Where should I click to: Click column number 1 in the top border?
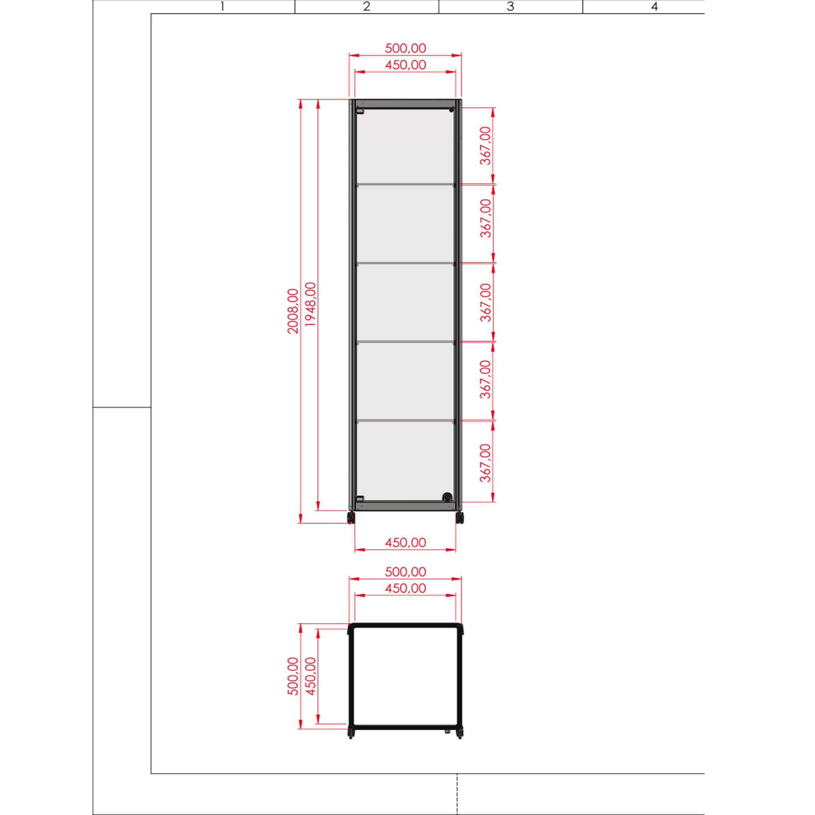[x=222, y=7]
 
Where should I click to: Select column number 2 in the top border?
[x=367, y=7]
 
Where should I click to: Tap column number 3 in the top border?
[x=511, y=7]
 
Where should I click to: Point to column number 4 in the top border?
[x=654, y=7]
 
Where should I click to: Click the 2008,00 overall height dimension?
[x=293, y=311]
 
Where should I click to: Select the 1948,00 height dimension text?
[x=311, y=304]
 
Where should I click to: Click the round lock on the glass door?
[x=447, y=496]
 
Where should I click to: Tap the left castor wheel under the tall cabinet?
[x=350, y=518]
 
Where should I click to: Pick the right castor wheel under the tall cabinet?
[x=460, y=518]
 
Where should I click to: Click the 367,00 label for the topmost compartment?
[x=486, y=145]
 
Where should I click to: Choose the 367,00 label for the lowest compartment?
[x=486, y=463]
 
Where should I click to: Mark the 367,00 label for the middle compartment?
[x=486, y=302]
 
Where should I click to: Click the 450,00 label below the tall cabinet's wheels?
[x=405, y=542]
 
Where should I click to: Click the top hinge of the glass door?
[x=359, y=111]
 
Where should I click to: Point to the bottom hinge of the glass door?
[x=359, y=499]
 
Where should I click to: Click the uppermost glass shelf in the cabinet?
[x=405, y=184]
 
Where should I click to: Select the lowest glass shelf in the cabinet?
[x=405, y=421]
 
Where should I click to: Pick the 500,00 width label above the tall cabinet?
[x=405, y=48]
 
